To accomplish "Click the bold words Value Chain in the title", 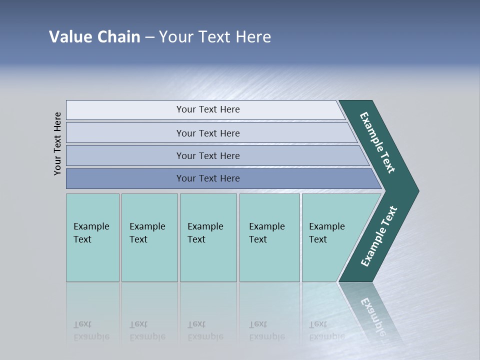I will [94, 37].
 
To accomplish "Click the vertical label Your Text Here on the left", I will [57, 143].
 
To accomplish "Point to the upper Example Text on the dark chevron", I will [377, 142].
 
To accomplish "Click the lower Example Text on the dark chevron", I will [378, 236].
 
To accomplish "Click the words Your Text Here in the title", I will [215, 37].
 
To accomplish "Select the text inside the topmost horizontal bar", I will [208, 109].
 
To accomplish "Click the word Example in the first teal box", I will [91, 226].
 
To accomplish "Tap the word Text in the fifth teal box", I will [318, 239].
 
